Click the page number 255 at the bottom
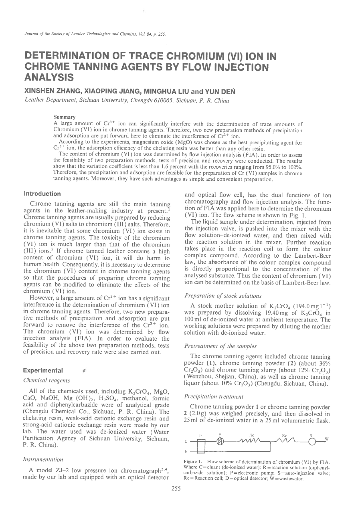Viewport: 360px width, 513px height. pos(176,489)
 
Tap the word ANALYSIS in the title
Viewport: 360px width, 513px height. pos(49,77)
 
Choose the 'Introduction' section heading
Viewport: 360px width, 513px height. pos(42,194)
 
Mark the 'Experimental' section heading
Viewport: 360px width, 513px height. pos(43,370)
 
